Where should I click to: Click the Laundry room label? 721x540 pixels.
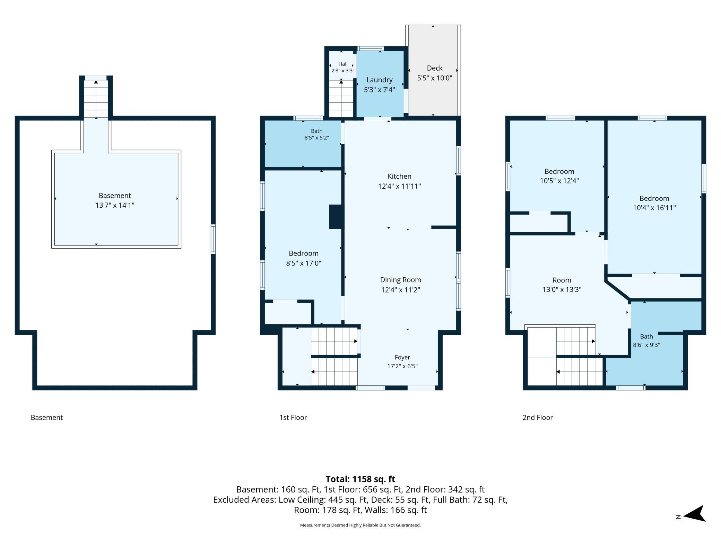coord(379,80)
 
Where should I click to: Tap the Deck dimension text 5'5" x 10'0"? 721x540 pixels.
coord(435,78)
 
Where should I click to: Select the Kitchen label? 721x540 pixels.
coord(399,176)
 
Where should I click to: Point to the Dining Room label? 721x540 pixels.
coord(400,280)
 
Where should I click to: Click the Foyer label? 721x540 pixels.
coord(402,357)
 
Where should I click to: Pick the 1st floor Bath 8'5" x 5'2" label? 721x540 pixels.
coord(316,134)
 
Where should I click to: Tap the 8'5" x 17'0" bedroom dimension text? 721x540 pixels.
coord(304,263)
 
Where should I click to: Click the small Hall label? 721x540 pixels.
coord(343,64)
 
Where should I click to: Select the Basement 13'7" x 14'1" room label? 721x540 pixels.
coord(115,200)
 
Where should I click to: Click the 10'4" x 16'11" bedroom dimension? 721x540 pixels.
coord(654,208)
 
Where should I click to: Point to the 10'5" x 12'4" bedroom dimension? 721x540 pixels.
coord(559,181)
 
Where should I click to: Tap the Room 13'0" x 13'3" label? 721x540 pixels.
coord(562,285)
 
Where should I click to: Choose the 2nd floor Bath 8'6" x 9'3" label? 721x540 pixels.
coord(646,341)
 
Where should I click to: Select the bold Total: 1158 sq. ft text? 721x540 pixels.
coord(360,479)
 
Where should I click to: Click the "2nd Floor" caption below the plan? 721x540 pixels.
coord(538,417)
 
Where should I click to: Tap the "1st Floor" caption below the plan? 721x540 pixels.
coord(293,417)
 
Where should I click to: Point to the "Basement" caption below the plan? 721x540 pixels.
coord(47,417)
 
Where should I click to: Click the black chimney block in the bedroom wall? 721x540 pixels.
coord(336,217)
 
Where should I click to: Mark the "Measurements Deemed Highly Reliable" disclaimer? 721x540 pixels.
coord(360,525)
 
